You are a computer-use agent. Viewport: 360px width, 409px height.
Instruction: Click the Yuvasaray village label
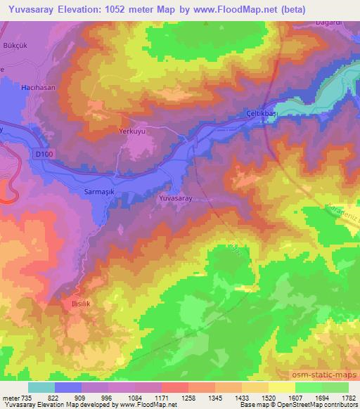176,199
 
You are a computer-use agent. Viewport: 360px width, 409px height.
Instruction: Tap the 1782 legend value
345,398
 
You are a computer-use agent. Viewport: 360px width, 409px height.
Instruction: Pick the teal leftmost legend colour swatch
41,387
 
